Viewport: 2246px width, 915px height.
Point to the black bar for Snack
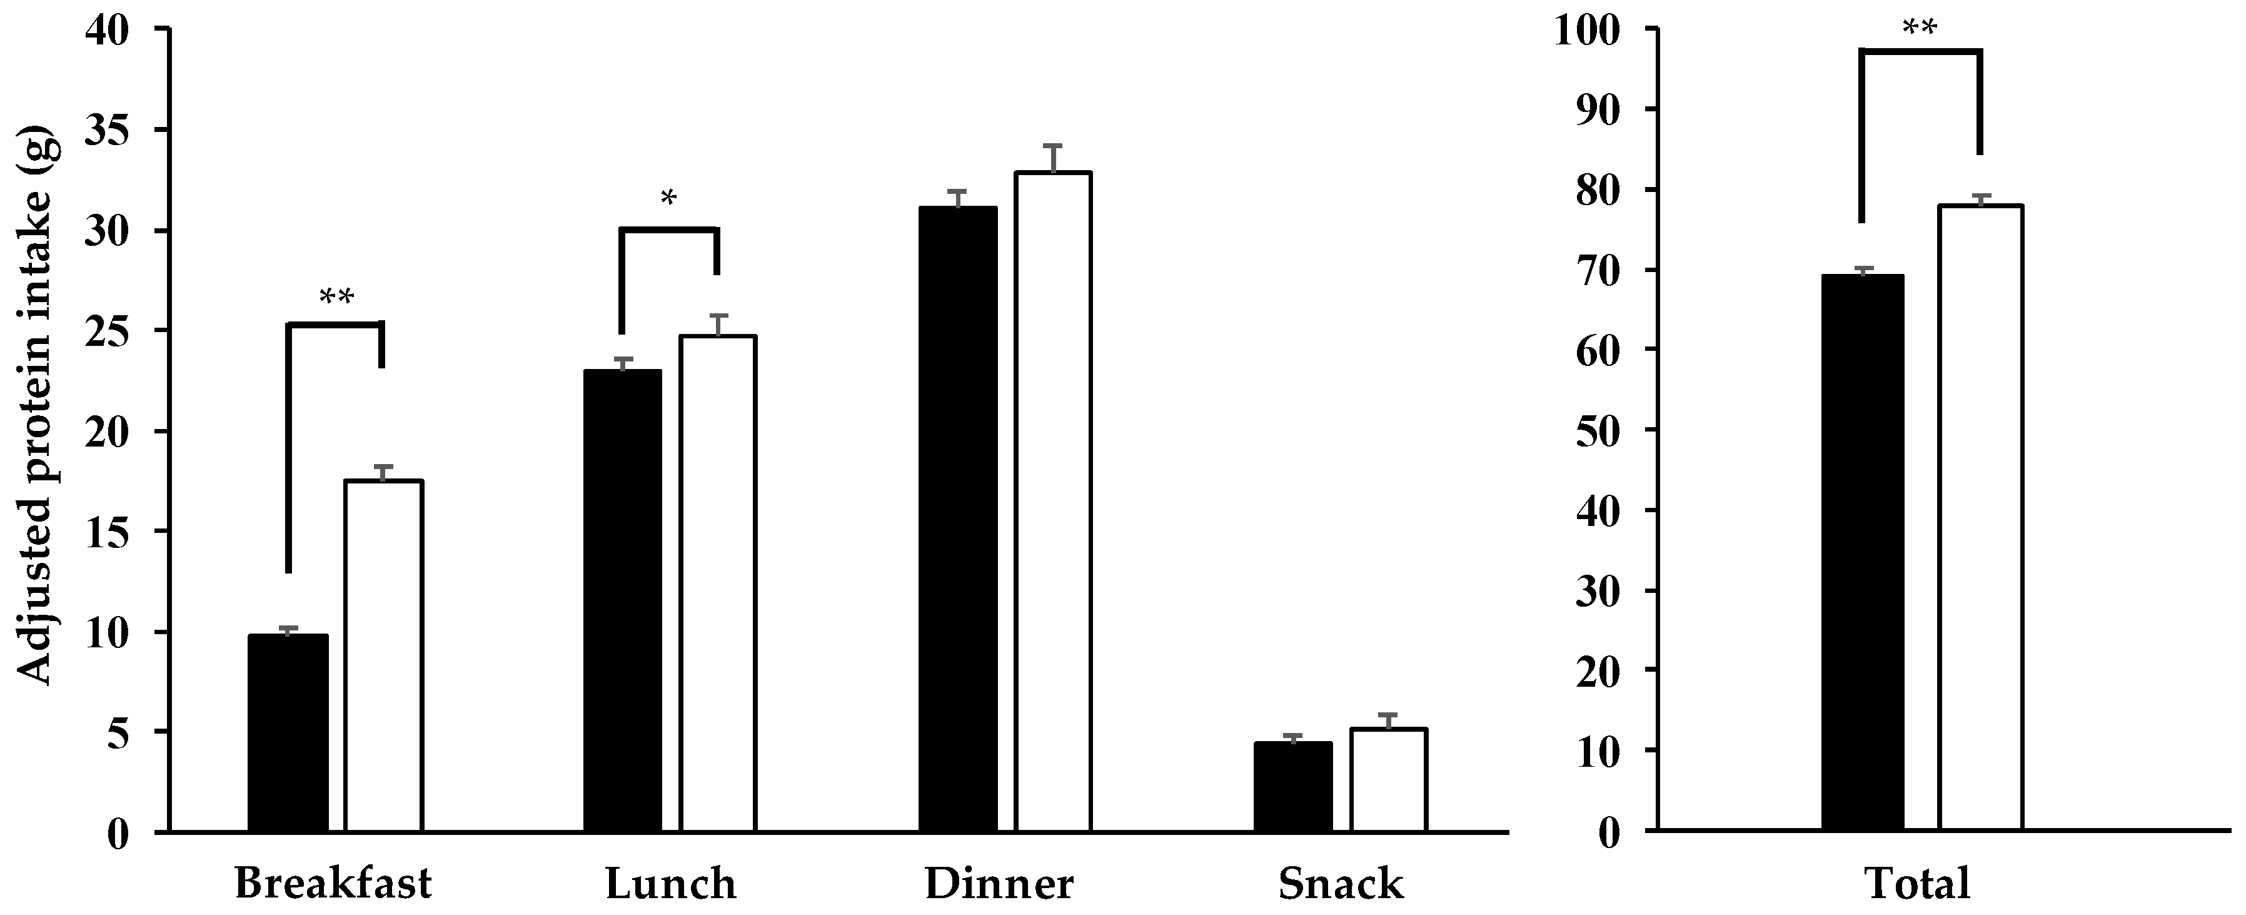pos(1293,786)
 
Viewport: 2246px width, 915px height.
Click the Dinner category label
pos(999,884)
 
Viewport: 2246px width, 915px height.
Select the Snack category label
pos(1341,884)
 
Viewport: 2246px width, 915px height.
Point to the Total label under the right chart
pos(1916,884)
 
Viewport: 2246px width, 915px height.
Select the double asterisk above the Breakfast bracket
pos(336,298)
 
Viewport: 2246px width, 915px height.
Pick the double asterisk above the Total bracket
pos(1919,28)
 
